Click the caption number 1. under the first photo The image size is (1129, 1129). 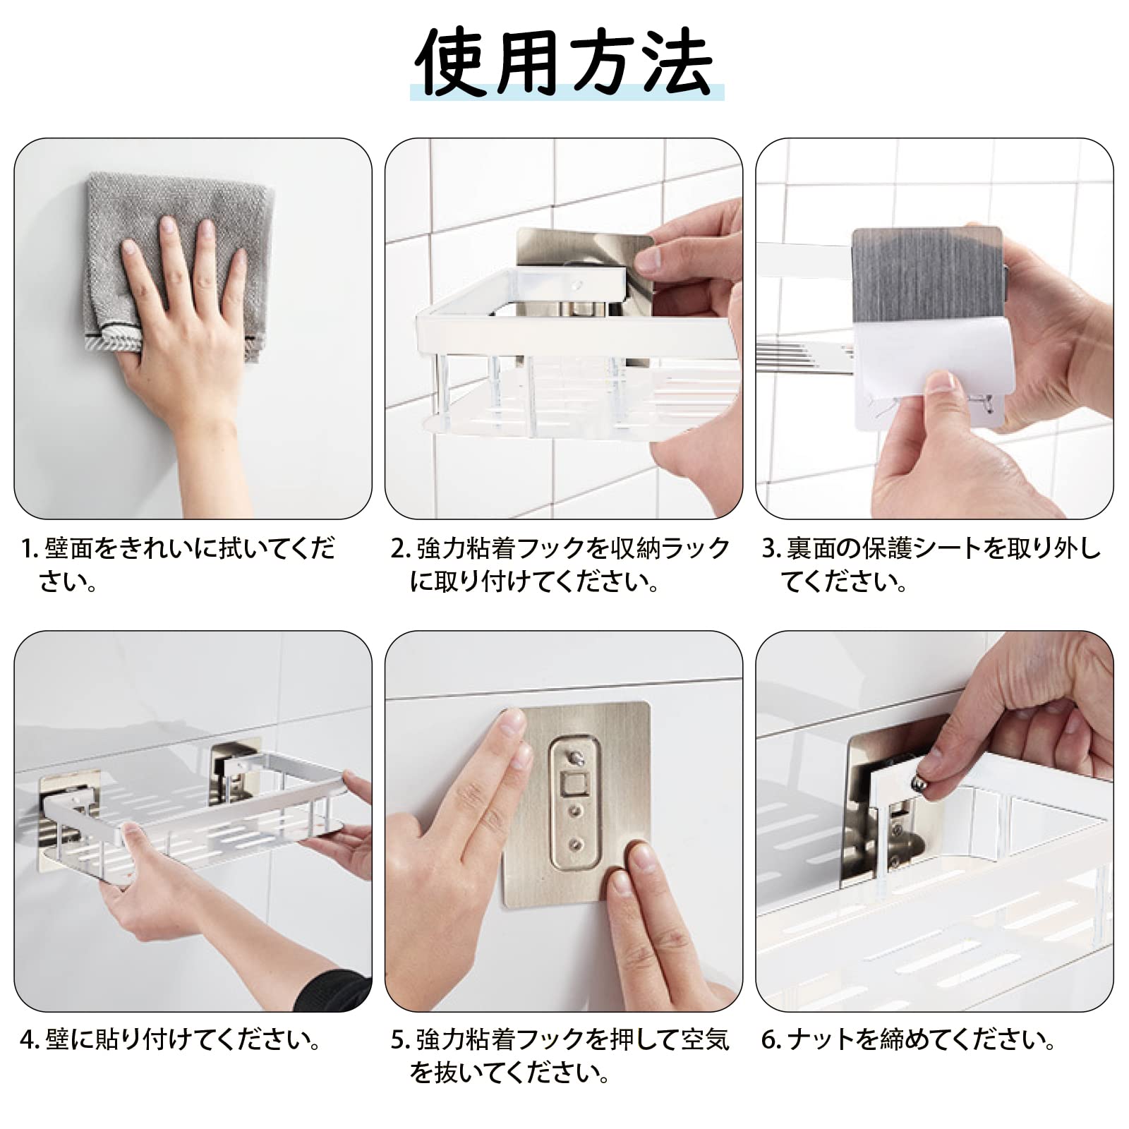(30, 549)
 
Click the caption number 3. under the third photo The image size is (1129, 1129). (771, 548)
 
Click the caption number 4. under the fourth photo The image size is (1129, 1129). (30, 1039)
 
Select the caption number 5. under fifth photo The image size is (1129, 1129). (400, 1039)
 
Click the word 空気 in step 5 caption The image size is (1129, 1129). (704, 1039)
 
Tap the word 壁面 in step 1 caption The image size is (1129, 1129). (69, 548)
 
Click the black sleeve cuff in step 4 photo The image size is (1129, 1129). (332, 988)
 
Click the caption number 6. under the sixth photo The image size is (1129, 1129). (771, 1039)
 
